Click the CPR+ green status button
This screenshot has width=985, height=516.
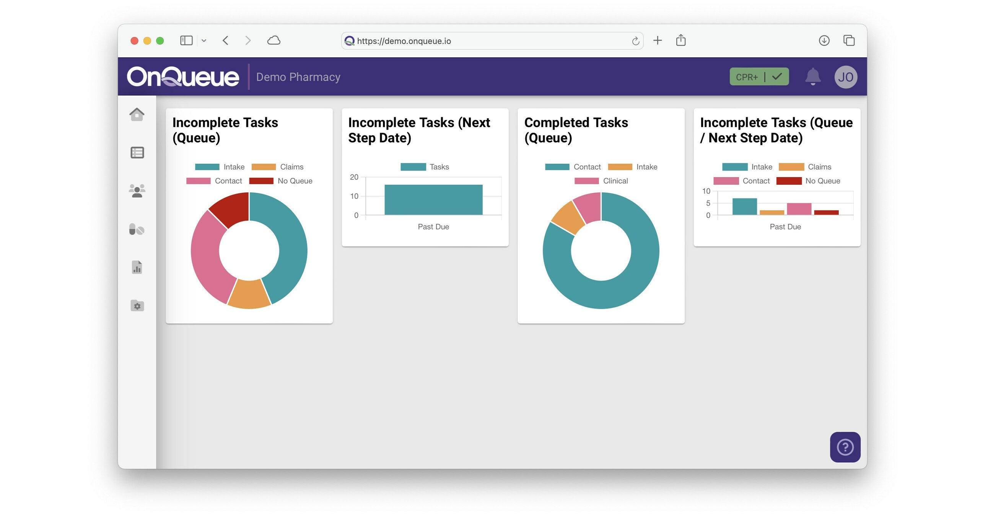pyautogui.click(x=759, y=77)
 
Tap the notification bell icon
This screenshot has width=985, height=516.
pyautogui.click(x=812, y=77)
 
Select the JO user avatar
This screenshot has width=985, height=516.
pyautogui.click(x=845, y=77)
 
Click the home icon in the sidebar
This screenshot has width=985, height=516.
pyautogui.click(x=137, y=114)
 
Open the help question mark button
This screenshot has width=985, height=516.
pyautogui.click(x=845, y=447)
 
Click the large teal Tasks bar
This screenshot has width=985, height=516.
pyautogui.click(x=433, y=200)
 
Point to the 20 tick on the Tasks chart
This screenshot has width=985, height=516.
pyautogui.click(x=354, y=177)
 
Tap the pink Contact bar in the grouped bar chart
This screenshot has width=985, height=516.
pyautogui.click(x=799, y=209)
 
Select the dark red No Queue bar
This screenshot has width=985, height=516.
pyautogui.click(x=826, y=212)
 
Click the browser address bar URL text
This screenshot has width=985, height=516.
pyautogui.click(x=404, y=41)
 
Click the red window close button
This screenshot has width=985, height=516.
pyautogui.click(x=134, y=41)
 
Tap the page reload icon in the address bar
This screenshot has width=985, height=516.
pyautogui.click(x=635, y=41)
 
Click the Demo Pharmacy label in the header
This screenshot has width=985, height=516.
pyautogui.click(x=298, y=77)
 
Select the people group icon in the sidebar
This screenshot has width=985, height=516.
pyautogui.click(x=137, y=190)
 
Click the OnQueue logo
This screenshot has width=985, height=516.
pyautogui.click(x=183, y=77)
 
